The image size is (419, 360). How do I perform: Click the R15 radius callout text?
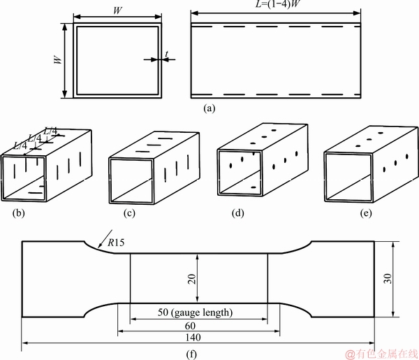(x=116, y=243)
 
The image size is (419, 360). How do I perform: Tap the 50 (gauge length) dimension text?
(x=195, y=312)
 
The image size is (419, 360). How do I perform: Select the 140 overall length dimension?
(x=193, y=337)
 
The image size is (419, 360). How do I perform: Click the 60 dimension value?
(x=190, y=326)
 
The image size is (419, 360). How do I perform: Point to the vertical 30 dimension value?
(x=387, y=279)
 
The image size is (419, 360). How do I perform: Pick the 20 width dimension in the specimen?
(x=192, y=279)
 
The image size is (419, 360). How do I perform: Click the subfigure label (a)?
(x=209, y=108)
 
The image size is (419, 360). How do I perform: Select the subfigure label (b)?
(x=18, y=213)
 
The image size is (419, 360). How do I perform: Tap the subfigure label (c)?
(x=129, y=213)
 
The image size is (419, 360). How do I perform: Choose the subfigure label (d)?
(x=238, y=213)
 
